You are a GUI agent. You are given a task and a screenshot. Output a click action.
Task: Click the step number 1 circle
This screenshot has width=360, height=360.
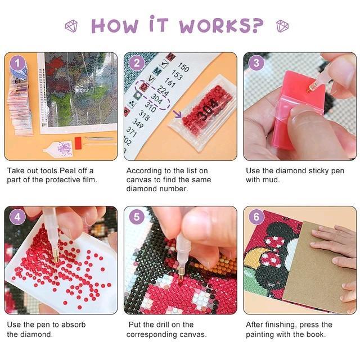(17, 62)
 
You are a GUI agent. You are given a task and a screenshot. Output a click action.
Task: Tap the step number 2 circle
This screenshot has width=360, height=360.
(137, 63)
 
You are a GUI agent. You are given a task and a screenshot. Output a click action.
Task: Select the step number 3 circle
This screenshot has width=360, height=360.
(256, 63)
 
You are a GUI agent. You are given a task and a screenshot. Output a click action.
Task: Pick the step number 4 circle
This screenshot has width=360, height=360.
(17, 217)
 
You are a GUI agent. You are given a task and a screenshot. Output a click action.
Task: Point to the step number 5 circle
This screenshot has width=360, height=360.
(137, 217)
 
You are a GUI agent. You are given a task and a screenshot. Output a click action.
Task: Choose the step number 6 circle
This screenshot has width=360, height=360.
(256, 217)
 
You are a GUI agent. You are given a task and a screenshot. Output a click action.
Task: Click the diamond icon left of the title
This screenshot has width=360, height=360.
(71, 26)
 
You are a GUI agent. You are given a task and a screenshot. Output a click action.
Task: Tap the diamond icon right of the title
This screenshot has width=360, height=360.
(282, 26)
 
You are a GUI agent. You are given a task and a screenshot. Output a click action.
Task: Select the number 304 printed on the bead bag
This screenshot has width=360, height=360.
(208, 109)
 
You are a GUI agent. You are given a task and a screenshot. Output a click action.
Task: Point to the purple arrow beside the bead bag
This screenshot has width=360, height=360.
(177, 114)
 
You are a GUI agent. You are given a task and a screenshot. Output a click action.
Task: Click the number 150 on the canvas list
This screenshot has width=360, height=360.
(184, 67)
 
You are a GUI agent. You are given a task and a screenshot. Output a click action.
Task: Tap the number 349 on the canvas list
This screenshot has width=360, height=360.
(138, 124)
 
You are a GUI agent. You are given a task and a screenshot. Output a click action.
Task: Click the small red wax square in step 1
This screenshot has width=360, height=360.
(78, 141)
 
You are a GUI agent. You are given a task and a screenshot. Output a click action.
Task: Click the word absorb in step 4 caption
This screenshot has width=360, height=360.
(74, 325)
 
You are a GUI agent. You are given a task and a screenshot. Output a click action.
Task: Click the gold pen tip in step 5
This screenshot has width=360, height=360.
(182, 275)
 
